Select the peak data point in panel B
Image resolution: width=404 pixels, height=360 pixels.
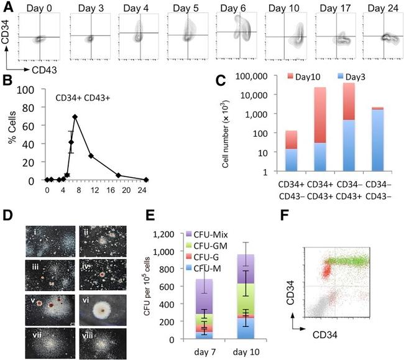point(75,116)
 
